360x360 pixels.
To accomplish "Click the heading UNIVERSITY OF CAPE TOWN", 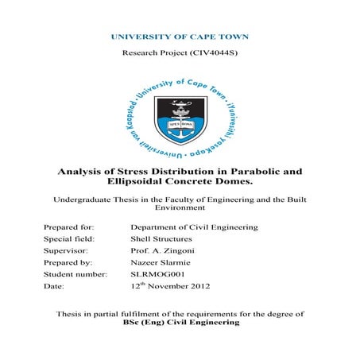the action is point(180,37).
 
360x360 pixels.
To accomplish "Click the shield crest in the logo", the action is point(179,118).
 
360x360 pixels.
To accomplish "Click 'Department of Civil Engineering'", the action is point(194,228).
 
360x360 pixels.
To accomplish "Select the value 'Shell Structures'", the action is point(160,238).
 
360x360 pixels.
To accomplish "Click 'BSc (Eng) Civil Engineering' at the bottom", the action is point(180,324).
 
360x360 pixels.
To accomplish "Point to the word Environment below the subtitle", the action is point(180,211).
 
